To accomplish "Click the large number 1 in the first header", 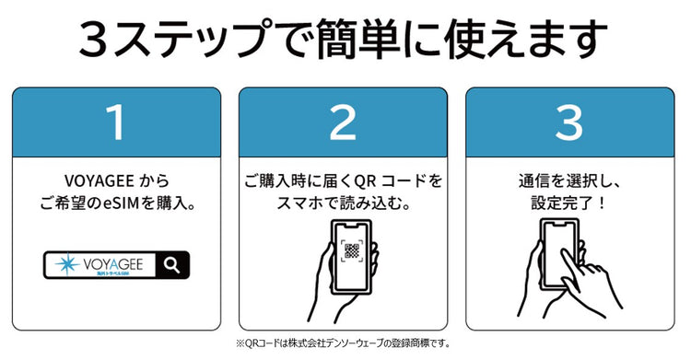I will point(116,122).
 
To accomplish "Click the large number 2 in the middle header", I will point(343,122).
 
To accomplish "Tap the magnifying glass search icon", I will point(172,265).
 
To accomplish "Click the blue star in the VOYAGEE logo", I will point(68,265).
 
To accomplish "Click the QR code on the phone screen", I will point(351,252).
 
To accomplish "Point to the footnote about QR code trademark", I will point(343,343).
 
